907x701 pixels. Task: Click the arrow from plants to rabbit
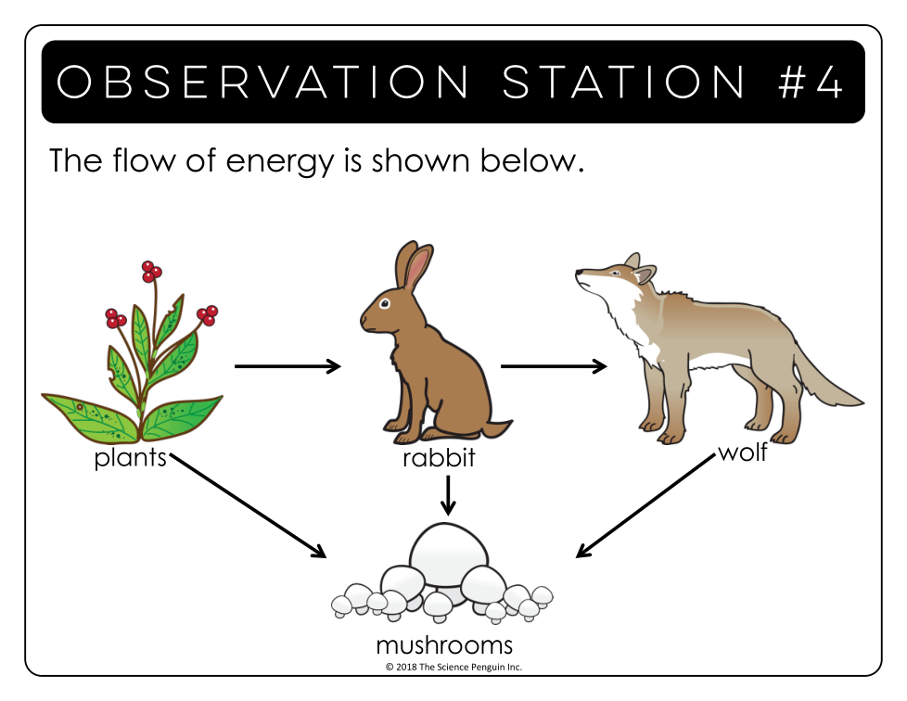[x=287, y=366]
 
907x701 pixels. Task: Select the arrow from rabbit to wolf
[x=554, y=366]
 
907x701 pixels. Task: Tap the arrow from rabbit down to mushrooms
[x=448, y=495]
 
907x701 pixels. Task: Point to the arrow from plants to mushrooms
[x=249, y=505]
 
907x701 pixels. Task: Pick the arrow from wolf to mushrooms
[x=645, y=505]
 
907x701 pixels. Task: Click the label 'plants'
[x=130, y=458]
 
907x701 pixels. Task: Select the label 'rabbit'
[x=439, y=458]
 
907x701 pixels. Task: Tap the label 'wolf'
[x=743, y=452]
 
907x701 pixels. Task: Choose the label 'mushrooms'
[x=444, y=644]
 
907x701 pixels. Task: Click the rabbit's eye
[x=385, y=303]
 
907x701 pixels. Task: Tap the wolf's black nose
[x=579, y=273]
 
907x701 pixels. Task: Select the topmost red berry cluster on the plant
[x=151, y=271]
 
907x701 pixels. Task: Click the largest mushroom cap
[x=448, y=550]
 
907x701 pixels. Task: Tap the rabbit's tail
[x=497, y=428]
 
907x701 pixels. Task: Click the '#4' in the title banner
[x=811, y=82]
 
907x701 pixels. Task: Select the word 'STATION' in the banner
[x=623, y=82]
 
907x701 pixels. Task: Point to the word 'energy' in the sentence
[x=280, y=162]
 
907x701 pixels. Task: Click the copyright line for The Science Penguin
[x=453, y=667]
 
